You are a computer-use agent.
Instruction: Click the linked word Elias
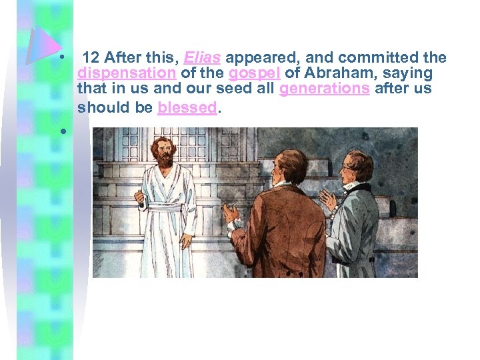tap(203, 58)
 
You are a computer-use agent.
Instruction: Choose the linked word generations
tap(325, 89)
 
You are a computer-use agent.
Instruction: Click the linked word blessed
tap(187, 107)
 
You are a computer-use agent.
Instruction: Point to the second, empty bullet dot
tap(61, 131)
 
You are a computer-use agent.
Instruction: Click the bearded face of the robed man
tap(162, 153)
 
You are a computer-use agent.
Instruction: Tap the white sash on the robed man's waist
tap(166, 207)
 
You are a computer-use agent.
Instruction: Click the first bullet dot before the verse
tap(61, 58)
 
